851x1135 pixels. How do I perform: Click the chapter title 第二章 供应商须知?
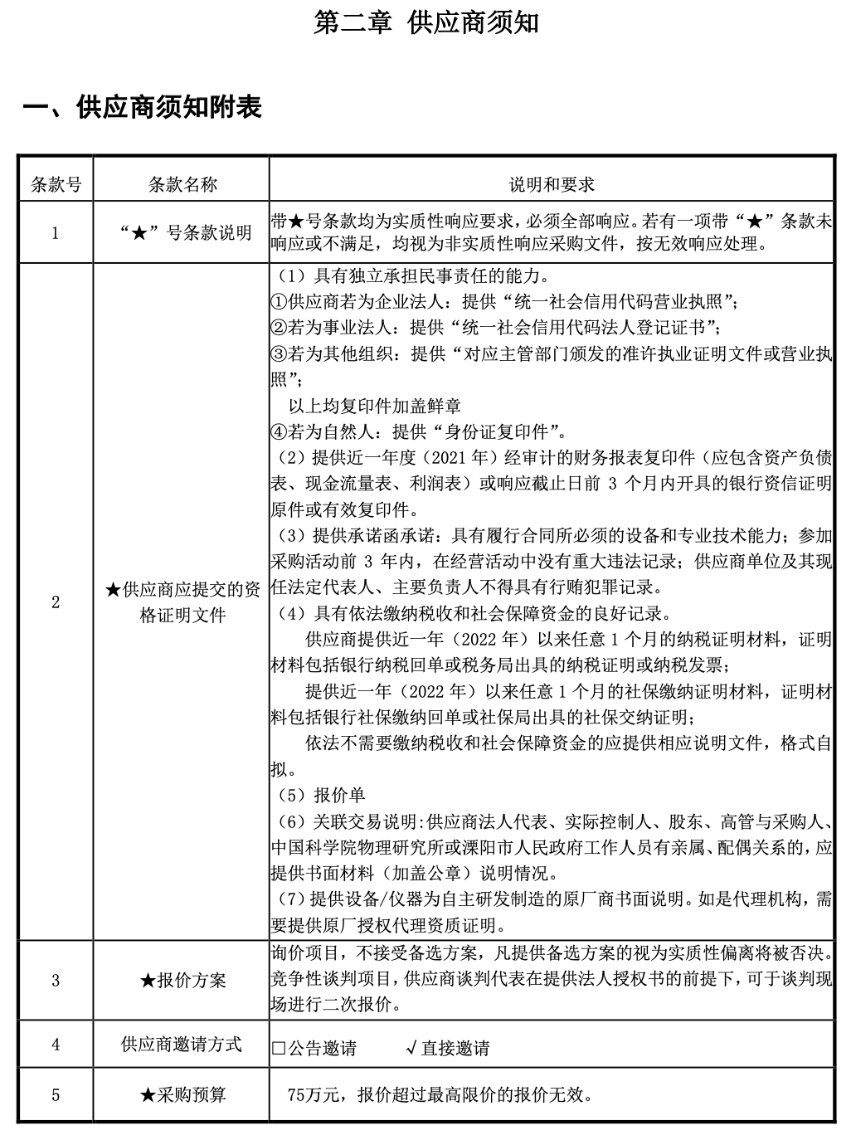click(426, 22)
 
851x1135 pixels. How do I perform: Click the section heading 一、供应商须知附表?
click(143, 107)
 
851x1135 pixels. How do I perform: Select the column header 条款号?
click(56, 184)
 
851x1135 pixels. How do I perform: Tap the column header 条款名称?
click(182, 184)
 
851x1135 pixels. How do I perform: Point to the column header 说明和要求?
click(551, 184)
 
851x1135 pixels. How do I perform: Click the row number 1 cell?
click(56, 232)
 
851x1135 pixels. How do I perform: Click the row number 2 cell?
click(56, 602)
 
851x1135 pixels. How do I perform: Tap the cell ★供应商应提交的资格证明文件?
click(182, 602)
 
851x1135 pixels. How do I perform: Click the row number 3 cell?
click(56, 981)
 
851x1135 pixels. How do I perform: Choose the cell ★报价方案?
click(182, 981)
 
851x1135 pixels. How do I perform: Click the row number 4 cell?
click(56, 1045)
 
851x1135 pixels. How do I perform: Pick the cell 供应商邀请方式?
click(182, 1045)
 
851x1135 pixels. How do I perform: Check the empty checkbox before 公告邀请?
click(279, 1049)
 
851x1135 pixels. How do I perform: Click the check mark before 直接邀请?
click(411, 1049)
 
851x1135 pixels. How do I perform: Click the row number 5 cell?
click(56, 1095)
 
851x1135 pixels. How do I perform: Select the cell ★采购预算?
click(182, 1095)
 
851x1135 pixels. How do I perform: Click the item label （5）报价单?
click(320, 796)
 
